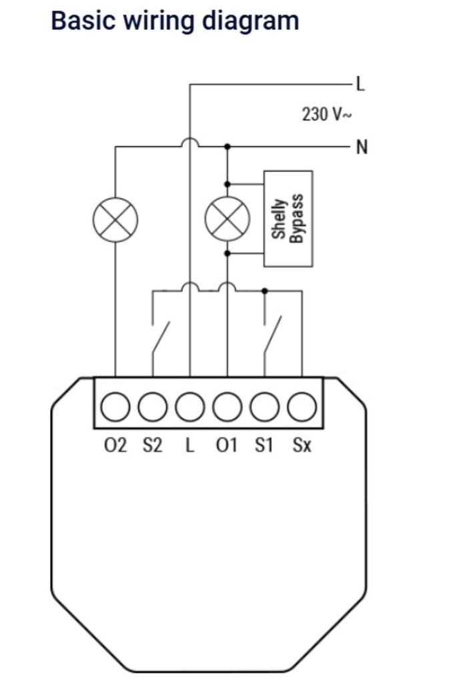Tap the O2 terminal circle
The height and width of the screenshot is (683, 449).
(115, 406)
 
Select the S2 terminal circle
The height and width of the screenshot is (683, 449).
(152, 406)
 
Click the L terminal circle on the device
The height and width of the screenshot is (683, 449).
(190, 406)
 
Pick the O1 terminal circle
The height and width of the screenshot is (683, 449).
(228, 406)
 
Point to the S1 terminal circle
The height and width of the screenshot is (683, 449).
(264, 406)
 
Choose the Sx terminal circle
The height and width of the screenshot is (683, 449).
(302, 406)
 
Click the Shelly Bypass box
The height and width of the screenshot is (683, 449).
(288, 219)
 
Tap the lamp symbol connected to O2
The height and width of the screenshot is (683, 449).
(115, 219)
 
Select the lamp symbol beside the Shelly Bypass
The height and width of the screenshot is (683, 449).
(228, 219)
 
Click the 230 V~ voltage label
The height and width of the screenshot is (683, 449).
(327, 114)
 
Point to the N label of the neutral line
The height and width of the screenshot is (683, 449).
(362, 147)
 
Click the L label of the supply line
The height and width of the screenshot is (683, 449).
(360, 83)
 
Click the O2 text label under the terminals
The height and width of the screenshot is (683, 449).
(115, 446)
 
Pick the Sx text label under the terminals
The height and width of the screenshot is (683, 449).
(302, 446)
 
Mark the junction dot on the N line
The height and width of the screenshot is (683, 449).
(228, 147)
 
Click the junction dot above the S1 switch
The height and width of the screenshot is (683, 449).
(265, 291)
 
